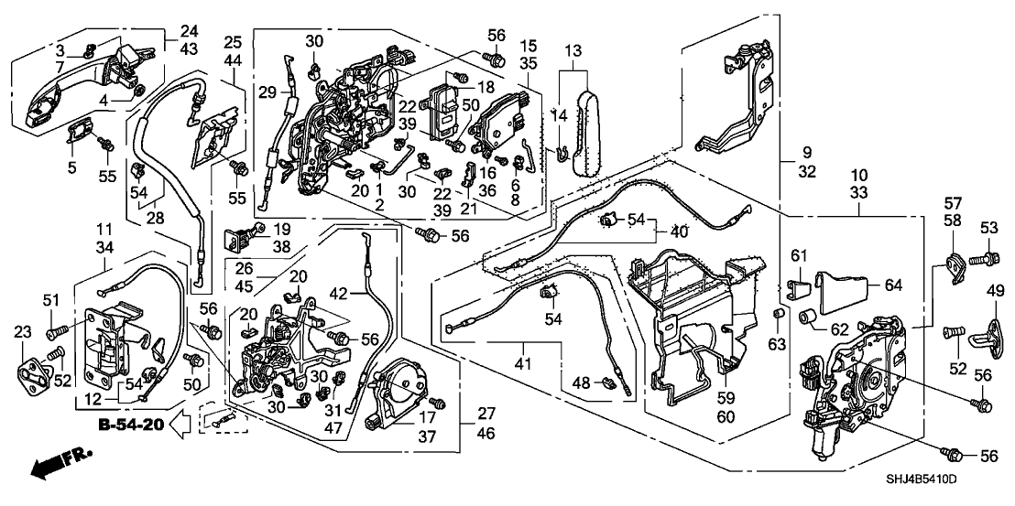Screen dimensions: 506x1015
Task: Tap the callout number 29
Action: click(x=267, y=92)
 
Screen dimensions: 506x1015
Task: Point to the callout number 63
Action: click(x=778, y=344)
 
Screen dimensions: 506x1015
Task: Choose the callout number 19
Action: click(x=281, y=229)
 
